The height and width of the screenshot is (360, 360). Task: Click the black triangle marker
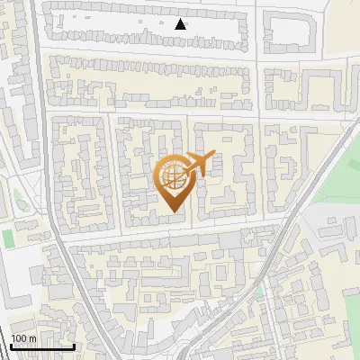click(181, 24)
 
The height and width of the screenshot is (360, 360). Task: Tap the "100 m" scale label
click(24, 338)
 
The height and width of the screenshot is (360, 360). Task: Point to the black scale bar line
click(42, 346)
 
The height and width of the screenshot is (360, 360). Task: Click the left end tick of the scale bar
click(12, 345)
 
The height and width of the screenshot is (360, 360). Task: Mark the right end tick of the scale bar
click(74, 345)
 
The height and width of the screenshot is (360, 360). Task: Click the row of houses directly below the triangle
click(144, 40)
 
